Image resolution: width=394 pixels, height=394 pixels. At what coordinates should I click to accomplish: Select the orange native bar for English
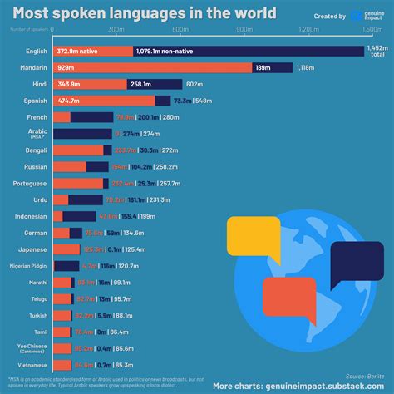pos(92,52)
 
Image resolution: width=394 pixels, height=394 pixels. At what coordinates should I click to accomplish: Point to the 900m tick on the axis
pos(245,29)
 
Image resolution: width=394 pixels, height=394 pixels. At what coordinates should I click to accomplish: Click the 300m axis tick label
pos(116,29)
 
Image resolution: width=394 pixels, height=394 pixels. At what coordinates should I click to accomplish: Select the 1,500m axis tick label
pos(372,29)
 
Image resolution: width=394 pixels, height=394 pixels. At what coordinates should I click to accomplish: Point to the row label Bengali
pos(36,150)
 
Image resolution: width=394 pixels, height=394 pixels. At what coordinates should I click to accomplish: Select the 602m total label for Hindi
pos(195,85)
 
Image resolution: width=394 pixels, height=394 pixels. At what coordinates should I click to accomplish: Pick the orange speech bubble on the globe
pos(288,300)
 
